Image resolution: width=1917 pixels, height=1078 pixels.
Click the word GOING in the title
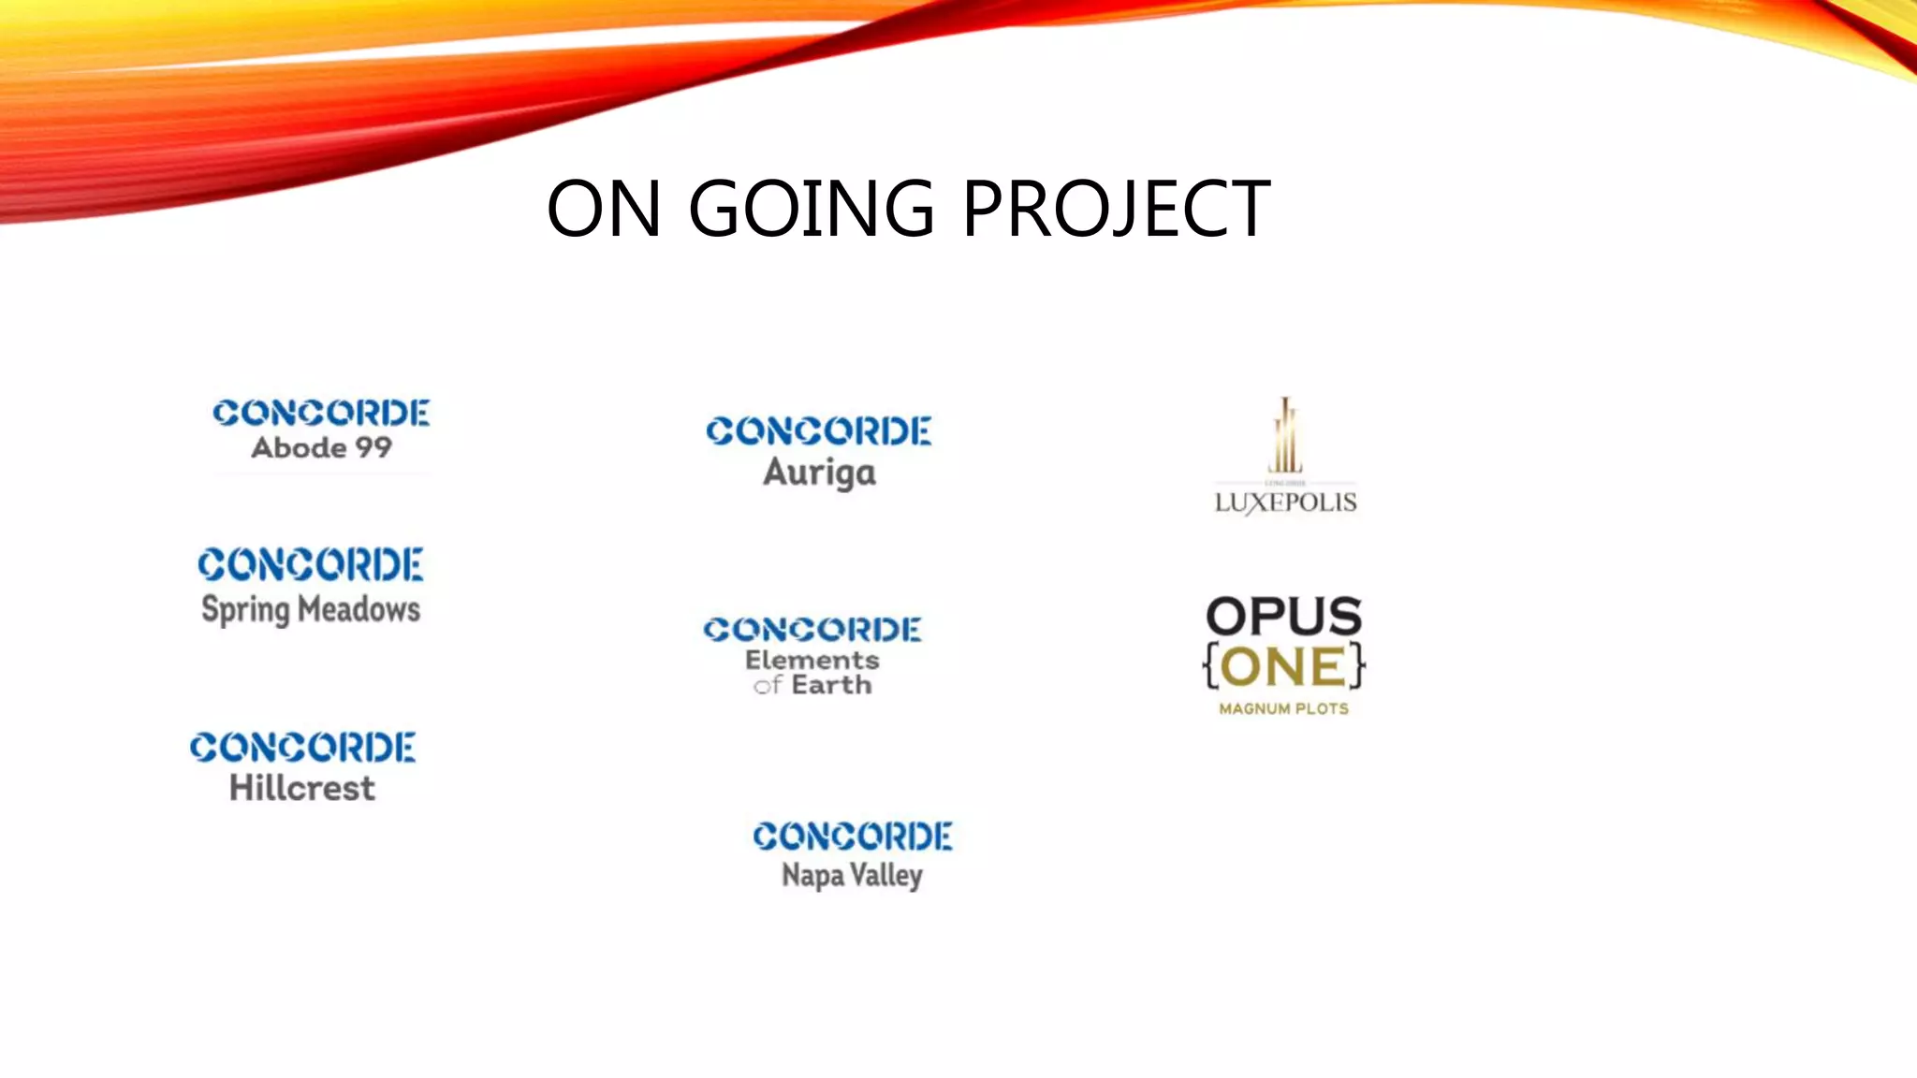[811, 209]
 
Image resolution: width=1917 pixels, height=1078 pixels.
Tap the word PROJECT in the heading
[1116, 209]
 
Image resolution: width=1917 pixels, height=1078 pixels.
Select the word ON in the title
[604, 209]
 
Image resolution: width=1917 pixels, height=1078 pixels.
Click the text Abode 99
[321, 447]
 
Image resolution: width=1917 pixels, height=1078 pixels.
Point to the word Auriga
[819, 473]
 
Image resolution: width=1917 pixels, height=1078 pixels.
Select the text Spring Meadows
[311, 610]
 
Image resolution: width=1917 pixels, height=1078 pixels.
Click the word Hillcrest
[302, 788]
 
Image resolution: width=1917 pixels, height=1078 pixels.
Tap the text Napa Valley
[852, 876]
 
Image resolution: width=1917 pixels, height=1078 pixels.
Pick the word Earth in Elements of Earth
[831, 685]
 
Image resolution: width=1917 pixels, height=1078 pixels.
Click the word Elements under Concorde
[812, 660]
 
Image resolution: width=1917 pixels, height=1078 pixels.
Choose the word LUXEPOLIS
[1285, 503]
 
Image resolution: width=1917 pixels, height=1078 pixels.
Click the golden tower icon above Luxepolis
[1285, 436]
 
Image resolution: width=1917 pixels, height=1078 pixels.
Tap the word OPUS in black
[1283, 617]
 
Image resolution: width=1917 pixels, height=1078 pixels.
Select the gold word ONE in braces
[1283, 667]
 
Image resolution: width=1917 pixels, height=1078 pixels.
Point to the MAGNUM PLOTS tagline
[1283, 709]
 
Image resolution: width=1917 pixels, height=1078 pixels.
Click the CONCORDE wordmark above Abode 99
[321, 413]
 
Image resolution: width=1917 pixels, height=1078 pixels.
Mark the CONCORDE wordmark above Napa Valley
[853, 836]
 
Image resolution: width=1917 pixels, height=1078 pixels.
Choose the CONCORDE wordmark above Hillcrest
[302, 747]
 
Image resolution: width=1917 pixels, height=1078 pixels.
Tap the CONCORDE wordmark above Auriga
[819, 430]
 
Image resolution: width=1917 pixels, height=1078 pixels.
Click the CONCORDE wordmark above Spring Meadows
[311, 564]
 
